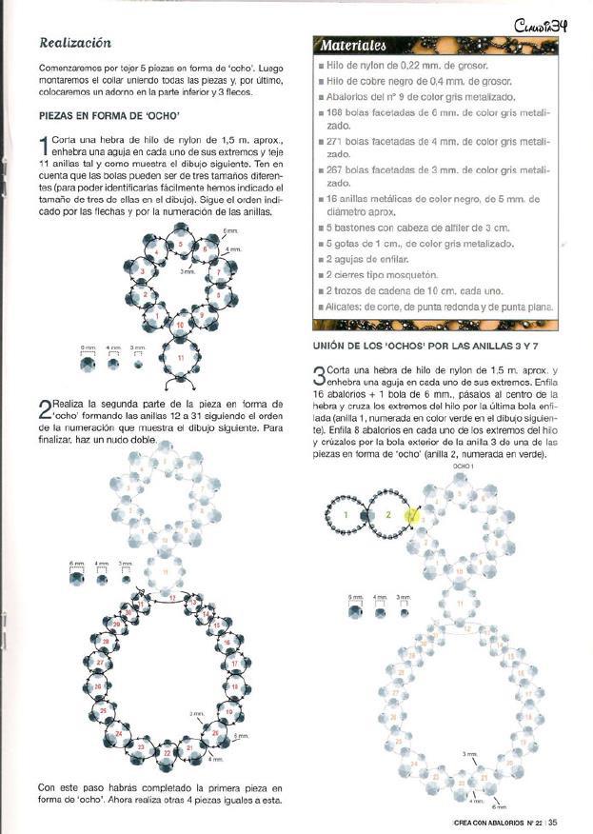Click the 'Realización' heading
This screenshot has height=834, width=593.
tap(75, 44)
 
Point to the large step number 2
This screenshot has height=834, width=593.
tap(44, 410)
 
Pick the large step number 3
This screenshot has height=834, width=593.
tap(318, 374)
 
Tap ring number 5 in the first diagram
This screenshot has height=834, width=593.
tap(181, 245)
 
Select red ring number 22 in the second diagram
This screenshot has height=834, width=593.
tap(168, 751)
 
